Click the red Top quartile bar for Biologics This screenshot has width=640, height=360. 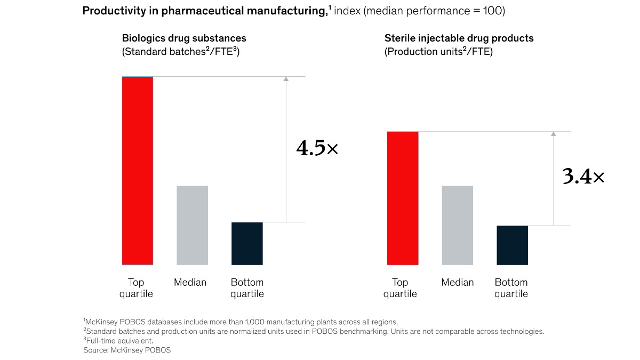(138, 171)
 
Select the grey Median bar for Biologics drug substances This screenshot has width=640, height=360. (192, 225)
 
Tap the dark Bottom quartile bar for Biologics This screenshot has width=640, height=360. (247, 243)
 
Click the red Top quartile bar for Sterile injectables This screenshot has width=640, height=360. (403, 198)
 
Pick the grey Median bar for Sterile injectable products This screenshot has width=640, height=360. (458, 225)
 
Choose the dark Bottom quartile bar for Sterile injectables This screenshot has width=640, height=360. (513, 245)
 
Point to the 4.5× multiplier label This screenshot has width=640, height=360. (317, 149)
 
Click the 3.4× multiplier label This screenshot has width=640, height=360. (583, 177)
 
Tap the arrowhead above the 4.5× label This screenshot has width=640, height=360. (286, 79)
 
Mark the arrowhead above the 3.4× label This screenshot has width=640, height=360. (553, 133)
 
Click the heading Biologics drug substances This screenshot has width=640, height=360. (184, 38)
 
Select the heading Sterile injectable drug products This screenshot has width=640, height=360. (459, 38)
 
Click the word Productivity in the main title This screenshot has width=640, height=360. (110, 11)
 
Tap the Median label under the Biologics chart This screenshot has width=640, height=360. (190, 283)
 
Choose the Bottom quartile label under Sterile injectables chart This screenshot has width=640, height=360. (511, 288)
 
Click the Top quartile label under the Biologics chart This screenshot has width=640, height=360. (136, 288)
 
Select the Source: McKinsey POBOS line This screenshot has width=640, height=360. (127, 350)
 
